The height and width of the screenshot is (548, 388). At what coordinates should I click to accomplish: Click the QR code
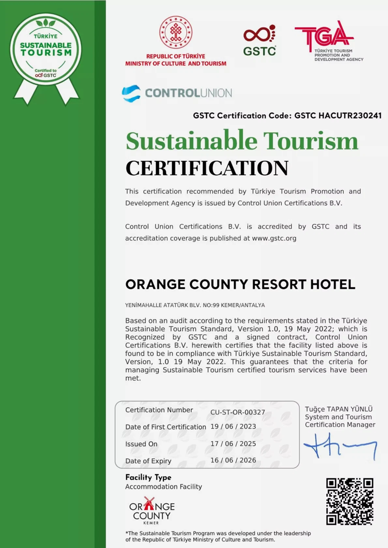tap(350, 501)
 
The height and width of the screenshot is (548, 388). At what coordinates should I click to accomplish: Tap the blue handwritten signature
tap(340, 446)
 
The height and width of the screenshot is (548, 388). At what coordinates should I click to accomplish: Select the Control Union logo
tap(177, 93)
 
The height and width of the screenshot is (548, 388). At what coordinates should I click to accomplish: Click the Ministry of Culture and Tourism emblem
tap(176, 33)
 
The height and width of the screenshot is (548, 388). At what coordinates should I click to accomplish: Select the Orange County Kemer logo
tap(152, 511)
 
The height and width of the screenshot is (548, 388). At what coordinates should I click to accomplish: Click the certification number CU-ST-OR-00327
tap(237, 412)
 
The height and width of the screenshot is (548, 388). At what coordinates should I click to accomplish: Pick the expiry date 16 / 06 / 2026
tap(233, 460)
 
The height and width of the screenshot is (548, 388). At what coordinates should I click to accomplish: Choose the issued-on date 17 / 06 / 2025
tap(233, 443)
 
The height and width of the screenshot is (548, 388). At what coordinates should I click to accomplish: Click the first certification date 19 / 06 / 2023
tap(233, 427)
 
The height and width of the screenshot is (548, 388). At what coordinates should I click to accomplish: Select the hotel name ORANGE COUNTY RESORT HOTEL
tap(240, 284)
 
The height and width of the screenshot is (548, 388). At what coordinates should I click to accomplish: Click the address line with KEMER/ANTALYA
tap(195, 305)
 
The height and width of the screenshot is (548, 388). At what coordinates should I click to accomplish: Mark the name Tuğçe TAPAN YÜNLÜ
tap(338, 409)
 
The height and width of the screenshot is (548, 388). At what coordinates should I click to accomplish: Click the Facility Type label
tap(148, 477)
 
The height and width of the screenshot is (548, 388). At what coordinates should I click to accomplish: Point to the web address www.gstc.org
tap(274, 238)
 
